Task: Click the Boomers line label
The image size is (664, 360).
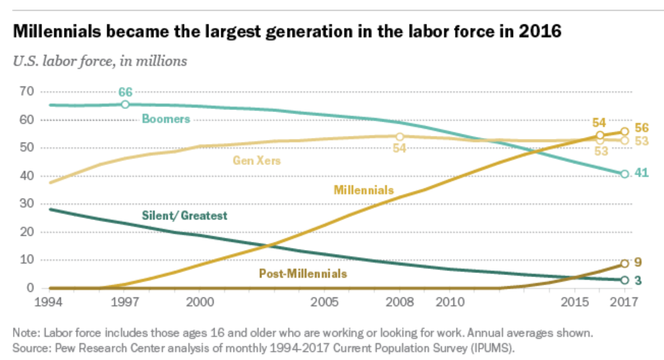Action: coord(166,119)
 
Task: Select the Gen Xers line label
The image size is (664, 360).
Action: coord(257,161)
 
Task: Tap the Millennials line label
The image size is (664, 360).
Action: coord(363,190)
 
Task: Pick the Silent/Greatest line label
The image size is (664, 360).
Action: coord(184,216)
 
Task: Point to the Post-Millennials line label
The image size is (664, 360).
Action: coord(303,274)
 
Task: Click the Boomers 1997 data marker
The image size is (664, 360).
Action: coord(126,105)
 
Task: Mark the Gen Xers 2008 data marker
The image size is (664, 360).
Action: coord(400,137)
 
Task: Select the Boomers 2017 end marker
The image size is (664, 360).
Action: coord(625,174)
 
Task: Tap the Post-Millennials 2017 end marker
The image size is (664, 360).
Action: coord(625,264)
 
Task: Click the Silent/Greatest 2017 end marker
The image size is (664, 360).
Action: coord(625,280)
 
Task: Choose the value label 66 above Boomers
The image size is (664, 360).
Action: coord(126,92)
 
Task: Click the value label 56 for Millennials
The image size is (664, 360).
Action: coord(642,128)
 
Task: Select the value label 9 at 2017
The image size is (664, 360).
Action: coord(639,262)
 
